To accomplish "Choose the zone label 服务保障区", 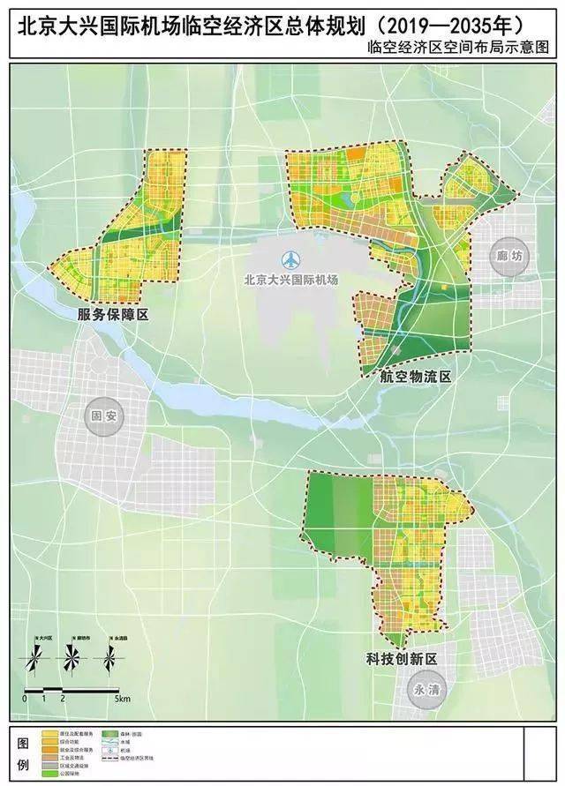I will (x=111, y=315).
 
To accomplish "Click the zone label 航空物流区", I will (x=416, y=377).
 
